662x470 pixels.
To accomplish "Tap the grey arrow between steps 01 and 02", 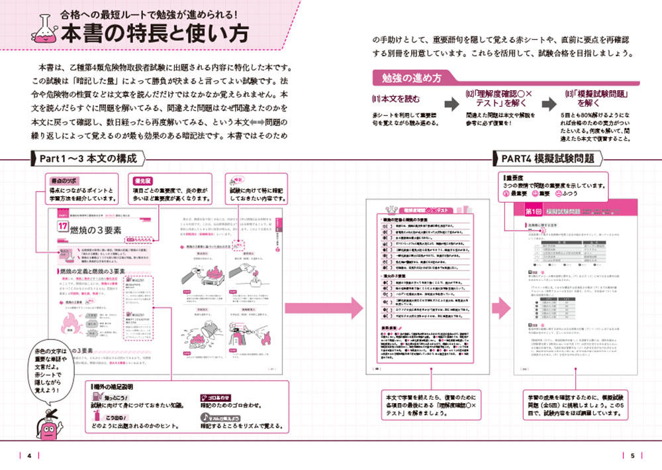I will [x=451, y=104].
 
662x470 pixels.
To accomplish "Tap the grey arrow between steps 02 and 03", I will [x=549, y=104].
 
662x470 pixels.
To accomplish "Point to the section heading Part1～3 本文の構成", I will [x=88, y=159].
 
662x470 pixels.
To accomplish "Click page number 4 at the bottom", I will [x=30, y=455].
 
